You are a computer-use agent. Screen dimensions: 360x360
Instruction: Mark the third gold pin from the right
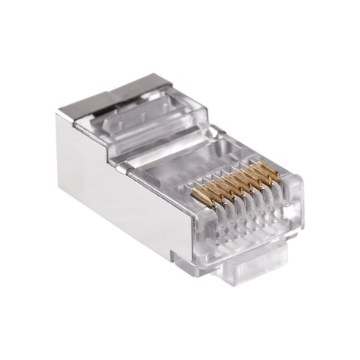(x=257, y=181)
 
